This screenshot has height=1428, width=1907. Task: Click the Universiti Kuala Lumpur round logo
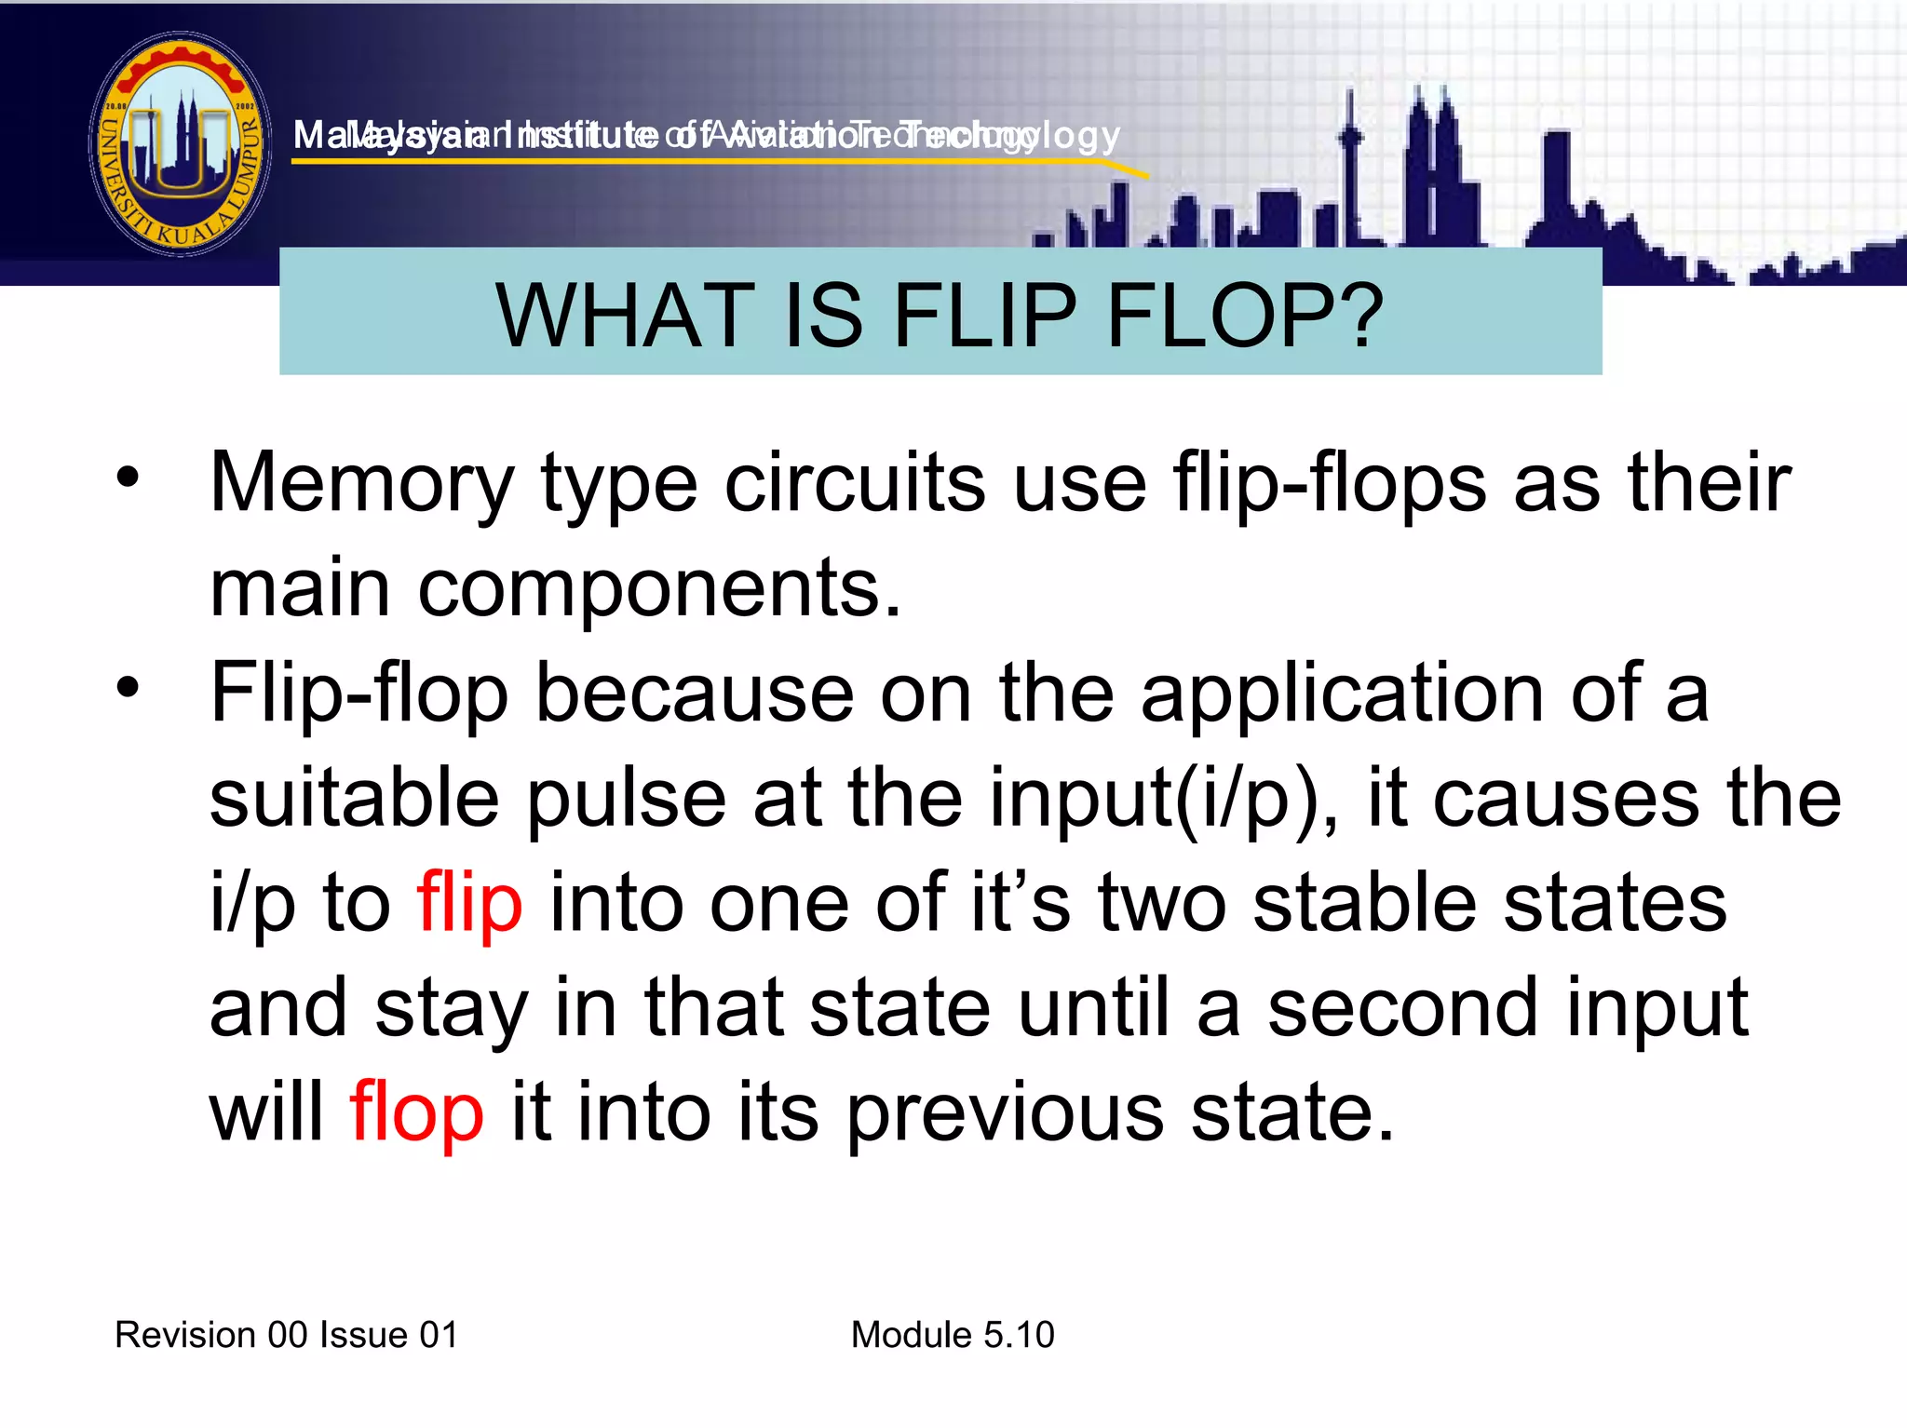[x=181, y=144]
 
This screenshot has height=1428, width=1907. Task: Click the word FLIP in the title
[x=984, y=317]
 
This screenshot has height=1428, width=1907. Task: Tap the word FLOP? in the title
[x=1245, y=317]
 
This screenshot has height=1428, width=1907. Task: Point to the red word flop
[x=416, y=1113]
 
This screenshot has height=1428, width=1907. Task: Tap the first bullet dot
[x=128, y=478]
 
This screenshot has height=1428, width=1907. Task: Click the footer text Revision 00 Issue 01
[x=287, y=1335]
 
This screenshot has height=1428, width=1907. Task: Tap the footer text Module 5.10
[x=953, y=1335]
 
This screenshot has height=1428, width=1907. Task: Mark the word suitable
[x=355, y=799]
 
